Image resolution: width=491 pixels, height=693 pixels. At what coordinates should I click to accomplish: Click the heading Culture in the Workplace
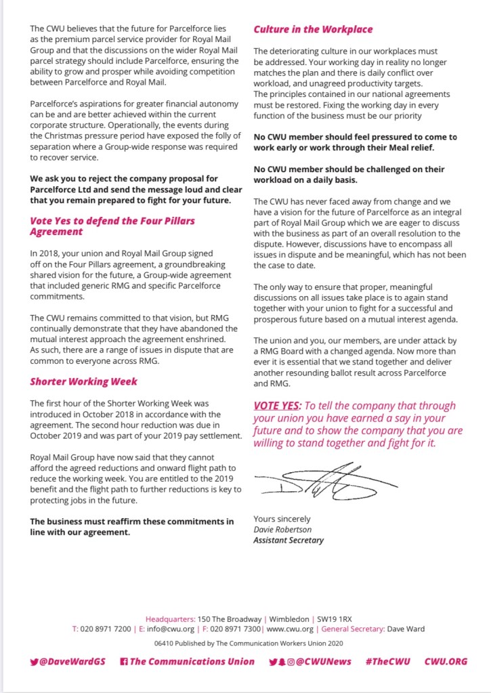(x=312, y=30)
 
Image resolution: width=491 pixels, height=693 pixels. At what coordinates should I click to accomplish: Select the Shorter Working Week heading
(x=83, y=381)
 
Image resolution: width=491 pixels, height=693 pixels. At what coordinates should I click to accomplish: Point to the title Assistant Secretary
(x=289, y=540)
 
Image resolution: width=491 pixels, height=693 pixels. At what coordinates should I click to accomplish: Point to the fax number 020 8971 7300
(x=230, y=629)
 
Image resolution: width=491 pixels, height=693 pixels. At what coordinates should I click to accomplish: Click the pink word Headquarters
(x=170, y=618)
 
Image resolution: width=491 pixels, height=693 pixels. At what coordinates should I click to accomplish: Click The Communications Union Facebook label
(x=192, y=661)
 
